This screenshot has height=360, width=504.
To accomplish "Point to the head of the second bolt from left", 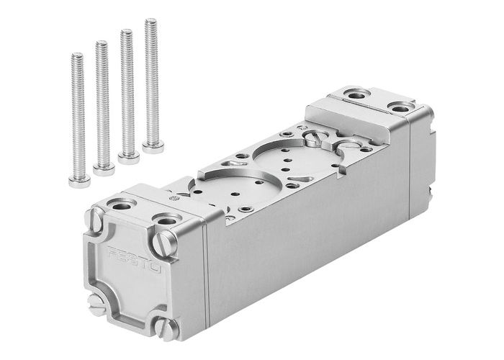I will click(104, 169).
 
